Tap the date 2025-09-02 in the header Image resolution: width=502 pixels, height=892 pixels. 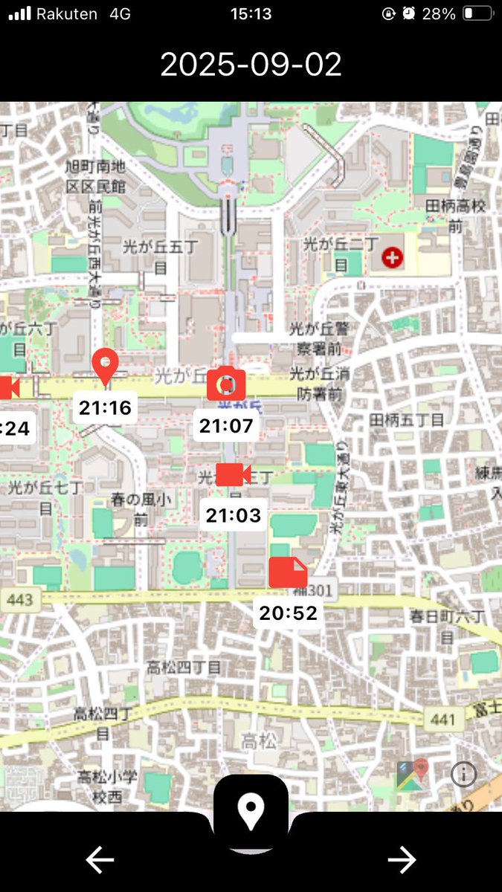point(251,65)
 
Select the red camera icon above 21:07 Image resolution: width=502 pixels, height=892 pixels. point(226,384)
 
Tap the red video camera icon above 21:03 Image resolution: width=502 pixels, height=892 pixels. point(233,474)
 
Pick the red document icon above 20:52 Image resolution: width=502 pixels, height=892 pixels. point(288,572)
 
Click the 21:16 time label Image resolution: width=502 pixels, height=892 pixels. point(105,407)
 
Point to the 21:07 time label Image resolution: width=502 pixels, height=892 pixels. point(227,426)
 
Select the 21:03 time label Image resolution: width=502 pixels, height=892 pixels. point(234,515)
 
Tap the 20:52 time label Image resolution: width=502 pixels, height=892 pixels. point(288,613)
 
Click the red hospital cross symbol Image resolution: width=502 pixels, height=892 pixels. point(391,259)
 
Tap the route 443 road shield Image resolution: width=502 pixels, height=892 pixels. point(20,599)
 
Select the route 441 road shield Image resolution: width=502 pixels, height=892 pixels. point(442,719)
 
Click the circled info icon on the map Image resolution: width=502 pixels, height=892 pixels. point(463,775)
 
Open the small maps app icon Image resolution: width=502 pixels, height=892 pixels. point(413,775)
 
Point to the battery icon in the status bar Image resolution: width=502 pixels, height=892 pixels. point(477,13)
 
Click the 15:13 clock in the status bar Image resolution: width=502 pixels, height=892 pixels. point(251,13)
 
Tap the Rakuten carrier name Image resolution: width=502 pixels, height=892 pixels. point(67,13)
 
